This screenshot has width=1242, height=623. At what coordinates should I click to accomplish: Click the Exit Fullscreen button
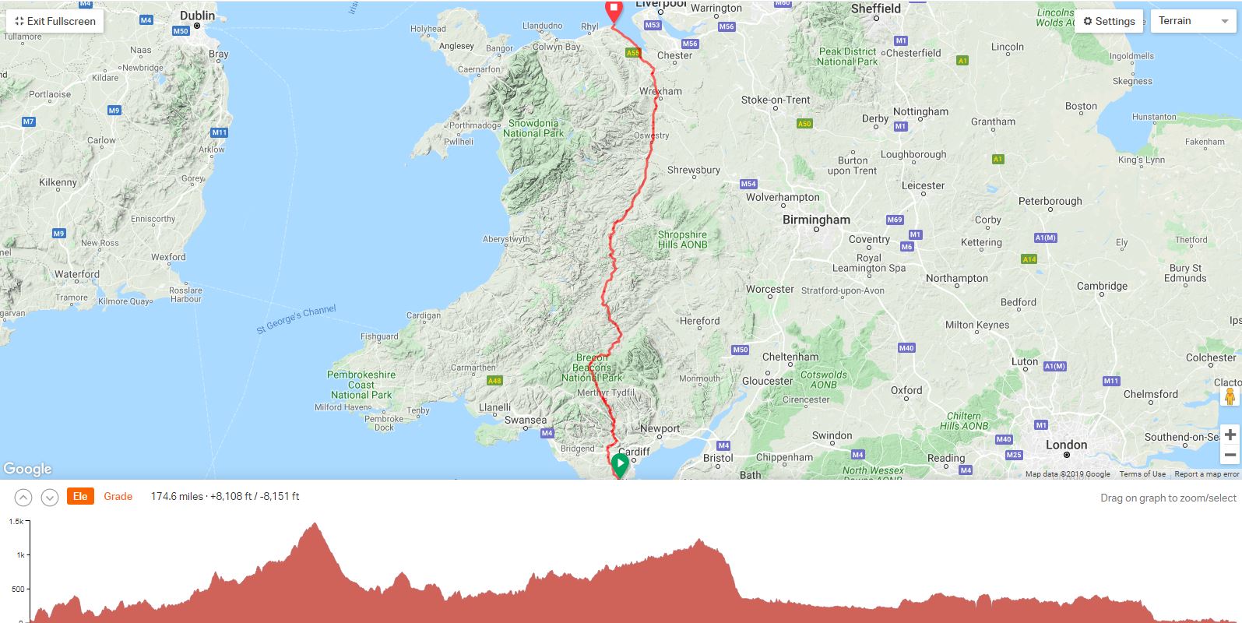[55, 21]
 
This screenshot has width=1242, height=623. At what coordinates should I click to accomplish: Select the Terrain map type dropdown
[1192, 21]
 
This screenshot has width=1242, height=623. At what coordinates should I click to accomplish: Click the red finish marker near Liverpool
[614, 11]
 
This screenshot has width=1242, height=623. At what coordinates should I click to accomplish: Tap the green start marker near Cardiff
[620, 466]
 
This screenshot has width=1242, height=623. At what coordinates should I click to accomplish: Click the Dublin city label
[197, 16]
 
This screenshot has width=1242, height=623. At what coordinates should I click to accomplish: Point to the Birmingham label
[816, 220]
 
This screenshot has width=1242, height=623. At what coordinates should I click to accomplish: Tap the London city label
[1066, 445]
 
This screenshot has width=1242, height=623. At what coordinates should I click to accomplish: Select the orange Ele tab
[80, 496]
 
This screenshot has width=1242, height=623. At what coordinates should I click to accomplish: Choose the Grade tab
[118, 496]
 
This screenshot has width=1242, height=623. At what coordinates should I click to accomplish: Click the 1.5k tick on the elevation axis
[17, 522]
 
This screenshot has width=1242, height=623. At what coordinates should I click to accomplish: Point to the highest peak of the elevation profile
[314, 524]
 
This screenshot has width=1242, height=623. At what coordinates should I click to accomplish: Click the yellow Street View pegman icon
[1230, 397]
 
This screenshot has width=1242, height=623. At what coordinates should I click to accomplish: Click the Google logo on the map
[27, 469]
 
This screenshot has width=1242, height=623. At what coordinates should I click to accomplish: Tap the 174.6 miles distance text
[177, 496]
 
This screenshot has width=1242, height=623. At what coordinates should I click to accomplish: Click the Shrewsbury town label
[693, 170]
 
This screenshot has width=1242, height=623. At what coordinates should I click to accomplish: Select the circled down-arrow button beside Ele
[49, 497]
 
